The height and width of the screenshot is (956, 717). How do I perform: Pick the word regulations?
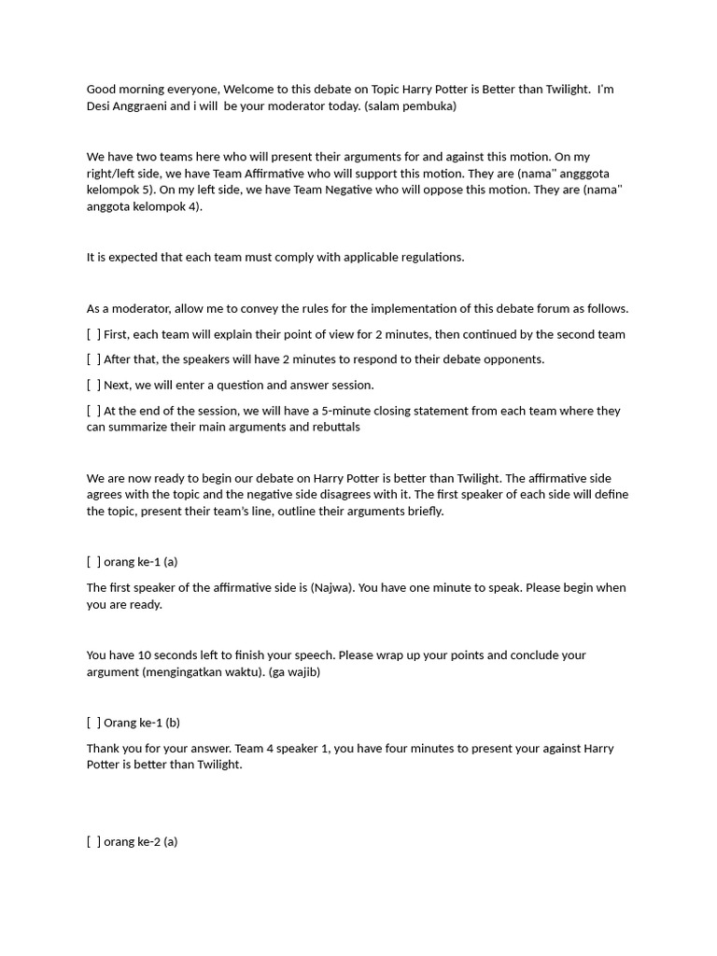432,258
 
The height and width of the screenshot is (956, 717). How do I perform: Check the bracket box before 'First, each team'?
93,334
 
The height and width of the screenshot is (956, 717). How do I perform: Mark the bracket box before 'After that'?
93,359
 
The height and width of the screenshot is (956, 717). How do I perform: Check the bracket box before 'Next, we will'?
93,385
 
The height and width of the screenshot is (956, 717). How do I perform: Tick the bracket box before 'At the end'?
93,411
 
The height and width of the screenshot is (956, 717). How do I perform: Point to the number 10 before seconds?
145,655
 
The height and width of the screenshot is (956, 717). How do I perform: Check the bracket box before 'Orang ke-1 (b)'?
93,723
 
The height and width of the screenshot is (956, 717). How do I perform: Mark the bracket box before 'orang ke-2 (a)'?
93,842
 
